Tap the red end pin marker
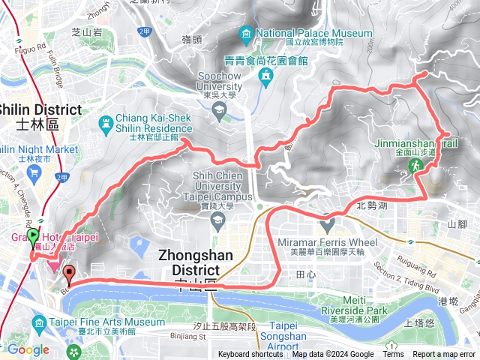point(69,274)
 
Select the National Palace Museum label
point(314,34)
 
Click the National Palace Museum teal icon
point(245,34)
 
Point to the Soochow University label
point(219,80)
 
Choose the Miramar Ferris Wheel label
point(327,243)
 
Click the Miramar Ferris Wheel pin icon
point(327,223)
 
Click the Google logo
point(28,349)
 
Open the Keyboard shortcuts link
point(251,355)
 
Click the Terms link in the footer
point(393,355)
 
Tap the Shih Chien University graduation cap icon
point(218,220)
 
